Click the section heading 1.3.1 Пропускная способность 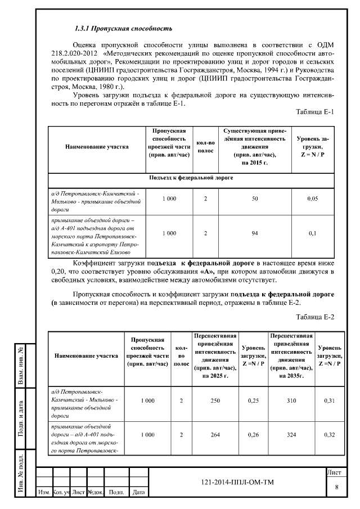123,28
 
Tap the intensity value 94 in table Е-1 254,233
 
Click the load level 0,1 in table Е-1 313,233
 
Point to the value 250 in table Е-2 211,400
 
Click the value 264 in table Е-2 211,434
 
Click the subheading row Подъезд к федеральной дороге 191,178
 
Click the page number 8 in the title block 336,487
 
